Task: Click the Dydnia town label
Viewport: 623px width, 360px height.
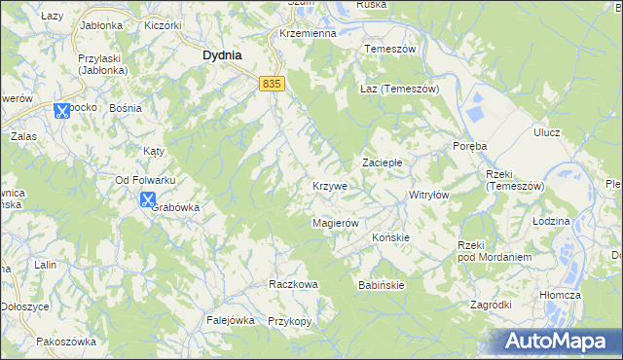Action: [x=222, y=55]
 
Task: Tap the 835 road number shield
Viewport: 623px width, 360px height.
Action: [x=272, y=85]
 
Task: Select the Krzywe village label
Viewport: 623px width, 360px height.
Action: [x=331, y=186]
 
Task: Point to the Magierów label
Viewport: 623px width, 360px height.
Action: [x=336, y=223]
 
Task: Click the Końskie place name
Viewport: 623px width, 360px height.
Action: [x=390, y=236]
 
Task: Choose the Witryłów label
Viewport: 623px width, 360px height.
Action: [x=428, y=195]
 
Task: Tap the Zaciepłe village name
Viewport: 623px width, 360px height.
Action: [x=384, y=162]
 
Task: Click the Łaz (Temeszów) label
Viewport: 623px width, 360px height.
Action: [x=400, y=89]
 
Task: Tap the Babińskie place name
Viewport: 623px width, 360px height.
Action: [x=381, y=284]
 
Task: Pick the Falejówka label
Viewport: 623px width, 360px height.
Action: [x=230, y=319]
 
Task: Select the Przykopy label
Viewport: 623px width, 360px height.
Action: [x=288, y=320]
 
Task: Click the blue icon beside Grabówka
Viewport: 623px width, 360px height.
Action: [x=147, y=200]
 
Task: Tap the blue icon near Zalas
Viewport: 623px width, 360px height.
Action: [x=61, y=110]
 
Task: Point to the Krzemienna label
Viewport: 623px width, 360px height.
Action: [x=307, y=33]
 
